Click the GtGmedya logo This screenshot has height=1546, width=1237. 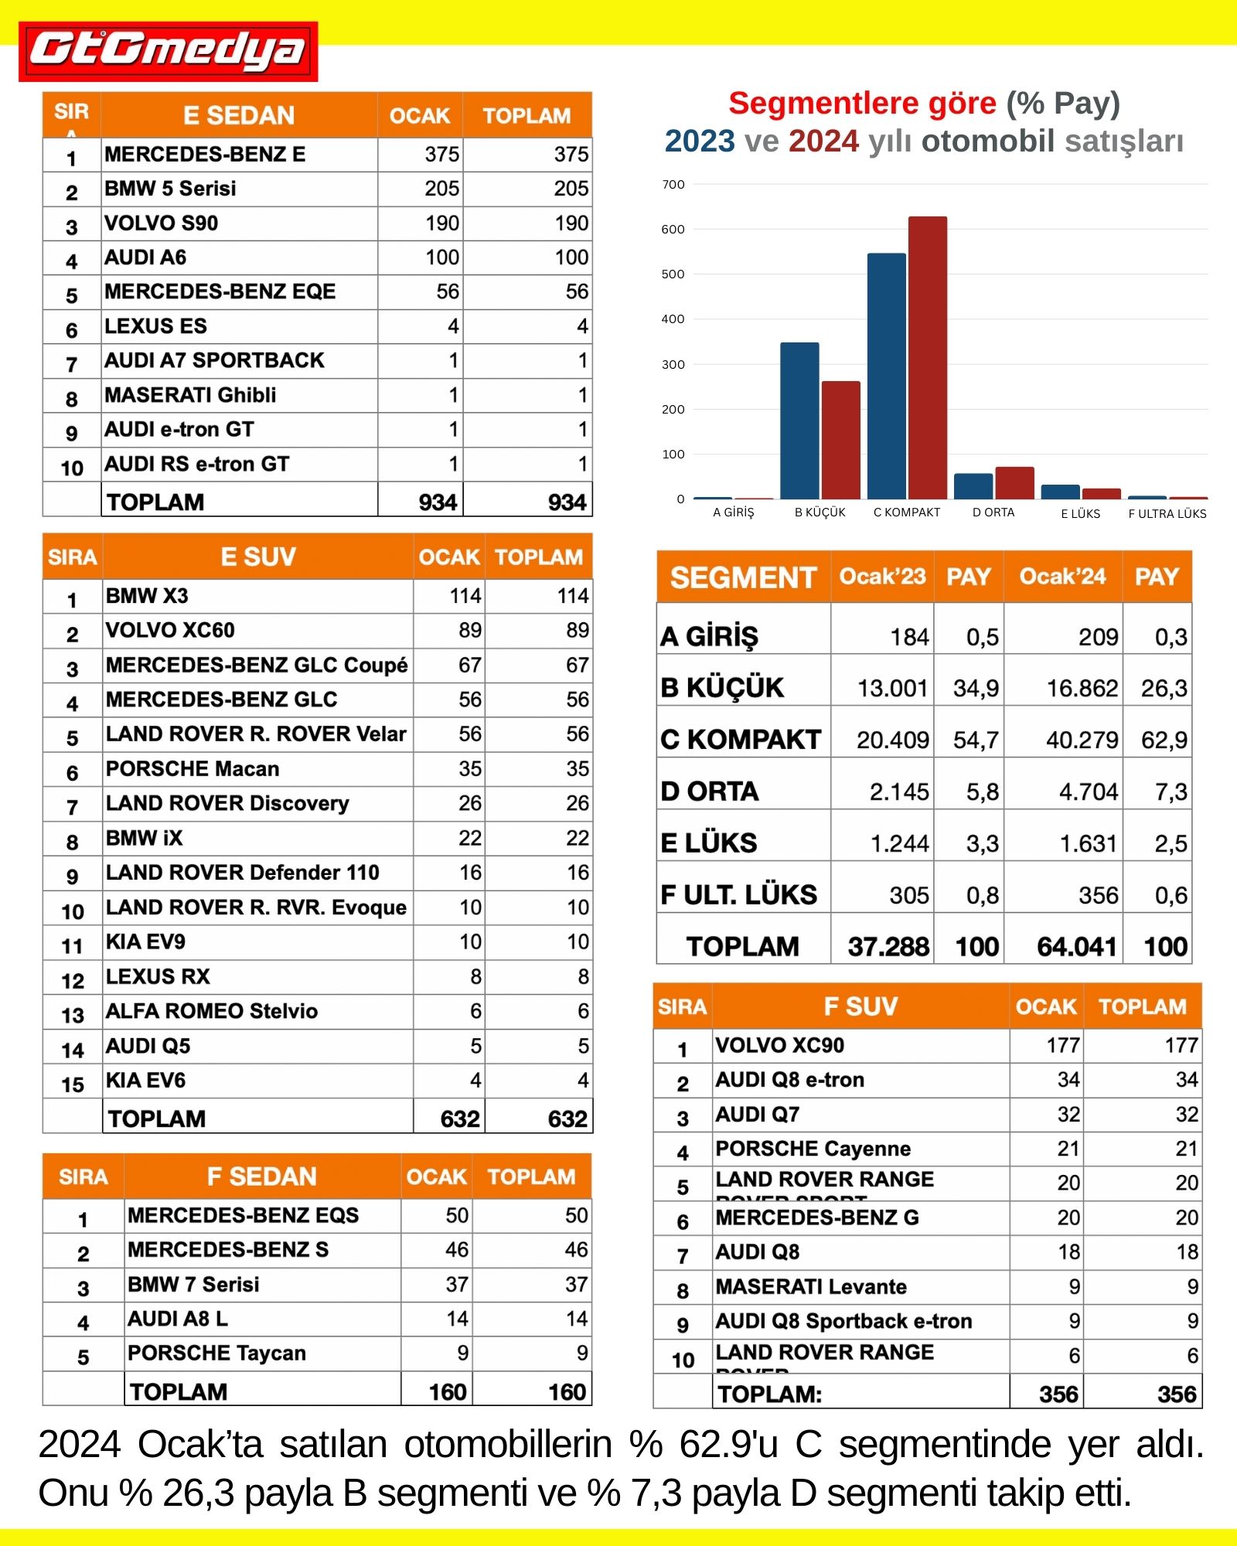(x=168, y=51)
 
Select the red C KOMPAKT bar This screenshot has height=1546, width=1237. (x=927, y=357)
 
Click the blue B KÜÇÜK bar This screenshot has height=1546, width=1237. (x=799, y=421)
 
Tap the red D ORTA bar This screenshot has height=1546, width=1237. (x=1014, y=483)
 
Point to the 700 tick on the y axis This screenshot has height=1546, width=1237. (x=673, y=185)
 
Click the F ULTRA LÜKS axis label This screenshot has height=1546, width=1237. (x=1167, y=514)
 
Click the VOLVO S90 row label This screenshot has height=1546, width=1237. (x=162, y=223)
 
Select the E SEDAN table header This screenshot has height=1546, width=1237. (x=239, y=116)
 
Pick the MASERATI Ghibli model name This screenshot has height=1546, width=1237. (x=190, y=395)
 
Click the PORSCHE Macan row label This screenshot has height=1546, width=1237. (x=193, y=769)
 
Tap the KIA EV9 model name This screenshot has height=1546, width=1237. (x=145, y=942)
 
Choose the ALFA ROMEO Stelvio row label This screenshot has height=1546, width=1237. (x=212, y=1011)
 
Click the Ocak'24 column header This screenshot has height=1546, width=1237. (x=1062, y=577)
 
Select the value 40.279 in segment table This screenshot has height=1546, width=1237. (x=1082, y=741)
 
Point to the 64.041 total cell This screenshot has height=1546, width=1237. (x=1076, y=947)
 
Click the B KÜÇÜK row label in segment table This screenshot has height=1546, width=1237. (x=722, y=688)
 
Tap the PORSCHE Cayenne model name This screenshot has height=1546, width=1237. (x=813, y=1149)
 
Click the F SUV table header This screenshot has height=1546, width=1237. (x=860, y=1006)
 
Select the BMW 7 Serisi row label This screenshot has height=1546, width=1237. (x=193, y=1285)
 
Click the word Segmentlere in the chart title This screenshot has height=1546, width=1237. (x=862, y=104)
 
